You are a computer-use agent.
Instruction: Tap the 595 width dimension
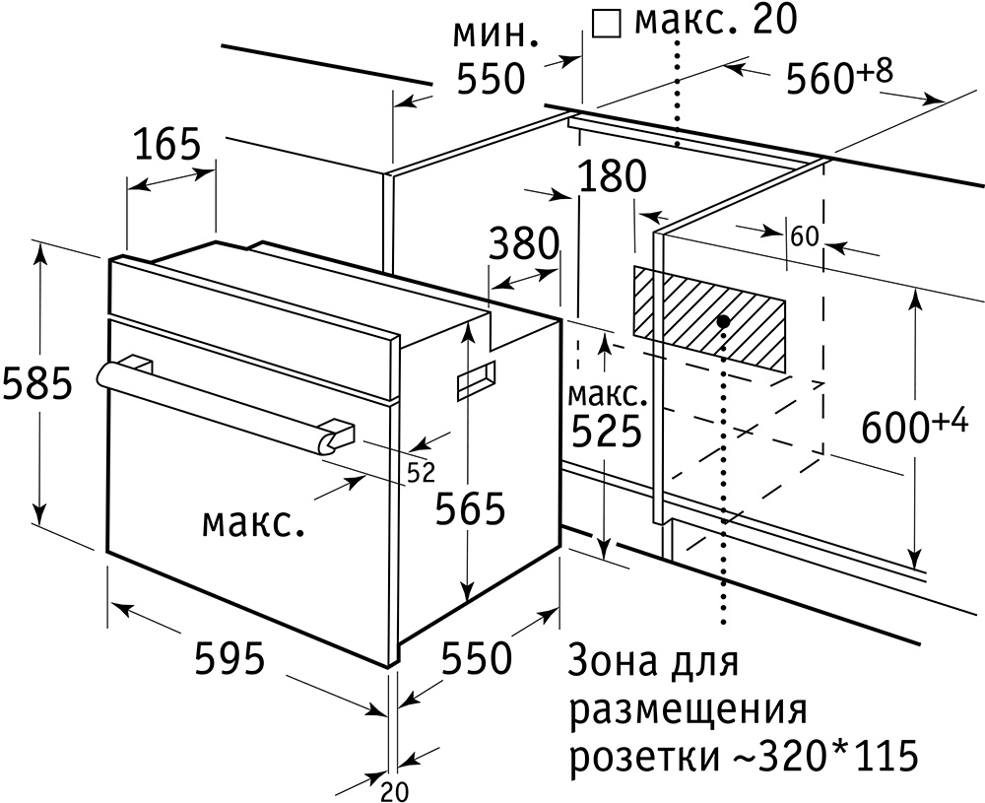click(230, 658)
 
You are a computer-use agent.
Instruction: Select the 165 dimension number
click(167, 145)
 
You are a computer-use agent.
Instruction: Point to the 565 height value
click(471, 508)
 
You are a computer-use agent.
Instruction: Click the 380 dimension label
click(524, 243)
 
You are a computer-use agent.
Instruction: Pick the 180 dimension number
click(612, 176)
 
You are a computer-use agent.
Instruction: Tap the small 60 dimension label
click(805, 236)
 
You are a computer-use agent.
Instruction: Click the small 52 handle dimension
click(421, 473)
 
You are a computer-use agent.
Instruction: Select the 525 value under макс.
click(606, 431)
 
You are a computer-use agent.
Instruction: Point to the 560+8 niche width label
click(839, 76)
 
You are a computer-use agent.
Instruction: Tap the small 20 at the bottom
click(395, 791)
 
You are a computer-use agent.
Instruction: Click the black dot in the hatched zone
click(724, 321)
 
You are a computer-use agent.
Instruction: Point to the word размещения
click(688, 710)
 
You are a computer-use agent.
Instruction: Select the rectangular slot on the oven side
click(476, 380)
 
